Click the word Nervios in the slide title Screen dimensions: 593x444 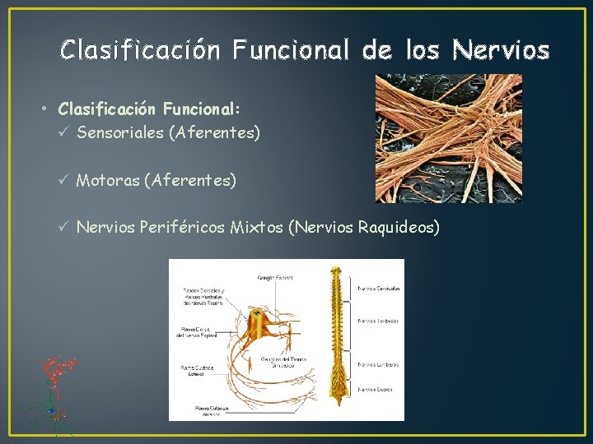(x=501, y=51)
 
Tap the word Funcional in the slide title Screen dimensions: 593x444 (x=292, y=51)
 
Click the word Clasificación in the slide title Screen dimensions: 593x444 (x=140, y=51)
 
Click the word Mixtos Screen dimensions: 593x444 (x=256, y=226)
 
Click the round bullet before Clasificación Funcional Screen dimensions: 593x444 (x=49, y=109)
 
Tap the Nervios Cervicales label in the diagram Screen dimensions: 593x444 (x=380, y=289)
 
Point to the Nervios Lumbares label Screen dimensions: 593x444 (x=379, y=364)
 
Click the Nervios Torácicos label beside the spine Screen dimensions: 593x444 (x=379, y=321)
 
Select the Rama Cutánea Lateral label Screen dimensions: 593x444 (x=197, y=371)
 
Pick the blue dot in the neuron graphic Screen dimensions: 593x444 (x=51, y=409)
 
